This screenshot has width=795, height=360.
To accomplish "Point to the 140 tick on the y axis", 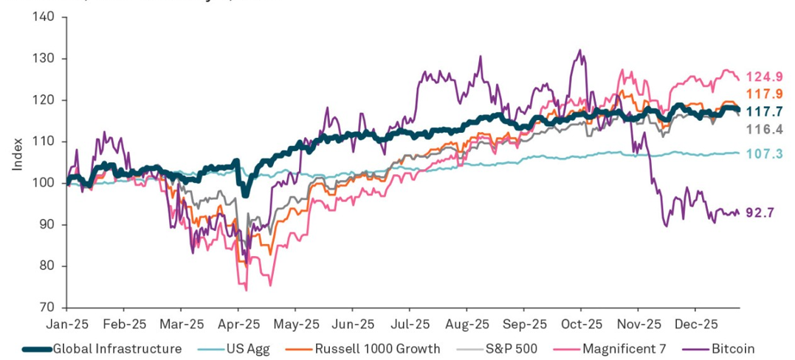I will coord(44,17).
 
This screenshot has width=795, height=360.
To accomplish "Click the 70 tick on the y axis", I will coord(47,308).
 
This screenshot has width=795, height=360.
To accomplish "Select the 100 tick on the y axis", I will coord(44,183).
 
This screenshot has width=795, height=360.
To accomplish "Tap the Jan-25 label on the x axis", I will coord(66,324).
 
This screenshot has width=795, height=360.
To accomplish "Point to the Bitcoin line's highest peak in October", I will coord(580,50).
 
